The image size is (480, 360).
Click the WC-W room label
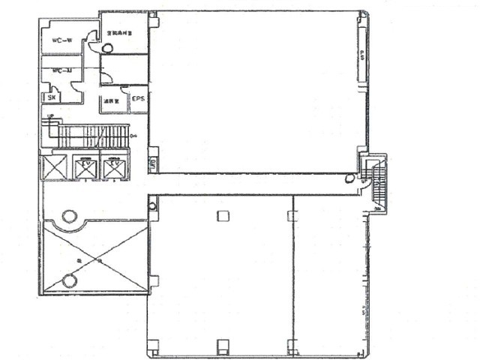(x=61, y=41)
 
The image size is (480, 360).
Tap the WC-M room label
(x=61, y=72)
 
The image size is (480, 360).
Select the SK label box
(x=52, y=97)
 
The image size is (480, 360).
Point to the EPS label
(x=138, y=98)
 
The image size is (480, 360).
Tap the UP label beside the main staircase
(x=50, y=117)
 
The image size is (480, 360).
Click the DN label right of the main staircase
(x=133, y=136)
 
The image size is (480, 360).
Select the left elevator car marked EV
(x=85, y=169)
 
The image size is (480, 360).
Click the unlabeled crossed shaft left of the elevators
(x=55, y=166)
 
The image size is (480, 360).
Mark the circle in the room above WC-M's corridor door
(x=107, y=49)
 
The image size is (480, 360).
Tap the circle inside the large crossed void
(x=69, y=281)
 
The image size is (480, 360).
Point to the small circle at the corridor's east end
(x=349, y=178)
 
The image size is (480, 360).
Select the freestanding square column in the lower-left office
(x=222, y=216)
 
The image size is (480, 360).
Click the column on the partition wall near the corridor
(x=292, y=216)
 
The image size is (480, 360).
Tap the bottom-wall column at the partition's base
(x=292, y=347)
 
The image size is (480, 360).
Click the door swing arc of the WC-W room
(x=91, y=35)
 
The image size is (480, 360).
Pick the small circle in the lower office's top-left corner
(x=152, y=205)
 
